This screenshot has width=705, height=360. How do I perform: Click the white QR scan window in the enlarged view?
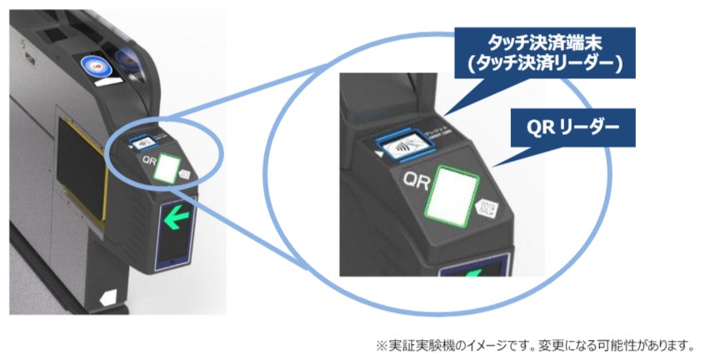[450, 193]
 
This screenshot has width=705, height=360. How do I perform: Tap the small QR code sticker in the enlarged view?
[486, 210]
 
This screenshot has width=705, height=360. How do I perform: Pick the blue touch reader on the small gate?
[142, 142]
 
